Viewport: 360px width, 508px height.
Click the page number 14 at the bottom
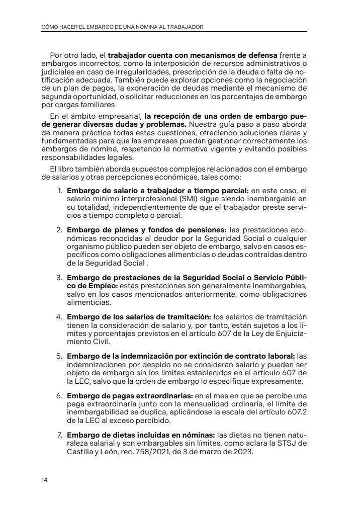[x=44, y=479]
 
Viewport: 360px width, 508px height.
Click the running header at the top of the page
[x=122, y=26]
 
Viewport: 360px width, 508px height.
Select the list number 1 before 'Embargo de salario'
[x=60, y=191]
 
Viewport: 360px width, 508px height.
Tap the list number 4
[x=59, y=316]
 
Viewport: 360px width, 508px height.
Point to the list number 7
[x=59, y=434]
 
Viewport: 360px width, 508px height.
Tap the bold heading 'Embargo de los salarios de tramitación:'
[x=139, y=316]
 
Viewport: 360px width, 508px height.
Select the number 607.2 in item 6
[x=296, y=412]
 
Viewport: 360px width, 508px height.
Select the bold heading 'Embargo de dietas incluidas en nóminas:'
[x=141, y=435]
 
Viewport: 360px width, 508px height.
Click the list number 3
[x=59, y=278]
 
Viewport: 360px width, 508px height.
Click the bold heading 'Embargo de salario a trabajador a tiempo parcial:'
[x=158, y=191]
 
